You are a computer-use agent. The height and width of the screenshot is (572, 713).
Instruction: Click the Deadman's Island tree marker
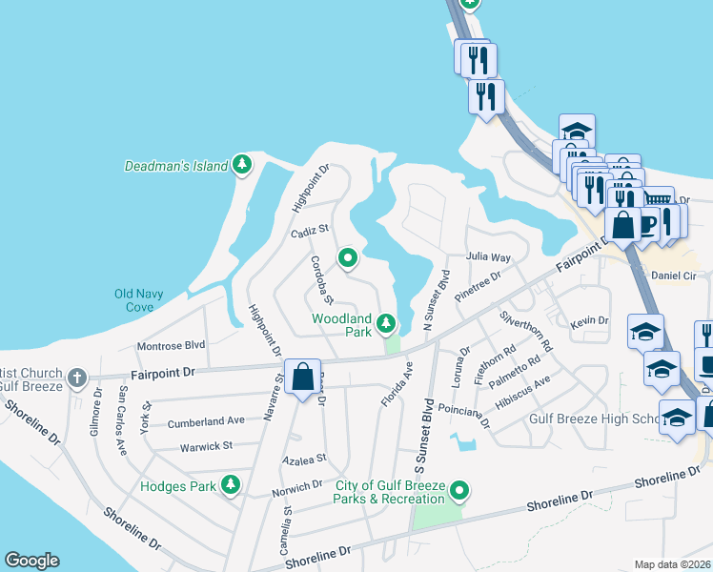click(x=243, y=165)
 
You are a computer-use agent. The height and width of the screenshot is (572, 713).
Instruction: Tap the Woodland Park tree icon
click(x=386, y=324)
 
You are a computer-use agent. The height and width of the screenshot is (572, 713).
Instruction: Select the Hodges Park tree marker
click(x=230, y=485)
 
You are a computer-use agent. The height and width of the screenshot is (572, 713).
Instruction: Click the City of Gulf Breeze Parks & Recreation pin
click(x=459, y=491)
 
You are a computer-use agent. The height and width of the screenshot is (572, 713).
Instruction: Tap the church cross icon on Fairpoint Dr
click(x=76, y=378)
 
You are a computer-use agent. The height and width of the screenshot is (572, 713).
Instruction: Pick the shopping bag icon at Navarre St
click(x=302, y=377)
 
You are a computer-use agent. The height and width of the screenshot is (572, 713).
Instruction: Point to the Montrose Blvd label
click(x=172, y=345)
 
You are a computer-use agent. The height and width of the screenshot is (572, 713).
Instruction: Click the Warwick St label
click(x=207, y=445)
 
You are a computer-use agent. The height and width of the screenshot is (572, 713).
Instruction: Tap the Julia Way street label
click(x=488, y=257)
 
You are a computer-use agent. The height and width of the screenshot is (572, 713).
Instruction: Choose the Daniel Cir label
click(x=676, y=276)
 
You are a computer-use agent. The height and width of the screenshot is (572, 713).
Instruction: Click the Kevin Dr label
click(x=589, y=321)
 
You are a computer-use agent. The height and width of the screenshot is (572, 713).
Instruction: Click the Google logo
click(x=31, y=561)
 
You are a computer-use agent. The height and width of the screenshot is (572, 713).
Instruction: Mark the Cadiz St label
click(x=309, y=230)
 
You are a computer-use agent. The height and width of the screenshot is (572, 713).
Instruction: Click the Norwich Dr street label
click(x=296, y=485)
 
